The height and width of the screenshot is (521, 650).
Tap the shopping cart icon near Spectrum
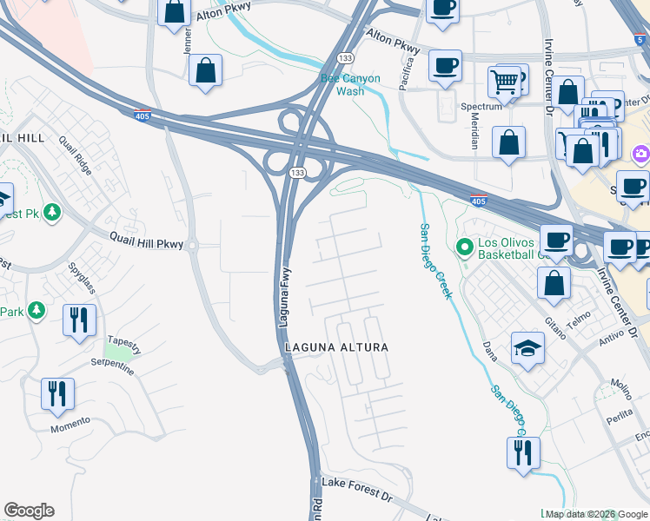[503, 82]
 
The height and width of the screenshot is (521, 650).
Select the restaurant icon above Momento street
[57, 392]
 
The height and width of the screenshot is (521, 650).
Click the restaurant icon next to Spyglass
[79, 319]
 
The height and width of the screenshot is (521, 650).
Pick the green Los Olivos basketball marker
[464, 248]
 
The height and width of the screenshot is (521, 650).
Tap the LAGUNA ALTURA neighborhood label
[335, 347]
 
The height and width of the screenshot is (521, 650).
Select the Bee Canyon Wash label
[351, 84]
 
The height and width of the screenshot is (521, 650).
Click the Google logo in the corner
[29, 511]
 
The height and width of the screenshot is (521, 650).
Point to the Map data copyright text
[594, 514]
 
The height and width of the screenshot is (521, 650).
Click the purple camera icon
[641, 154]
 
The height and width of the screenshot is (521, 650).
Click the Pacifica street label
[405, 75]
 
